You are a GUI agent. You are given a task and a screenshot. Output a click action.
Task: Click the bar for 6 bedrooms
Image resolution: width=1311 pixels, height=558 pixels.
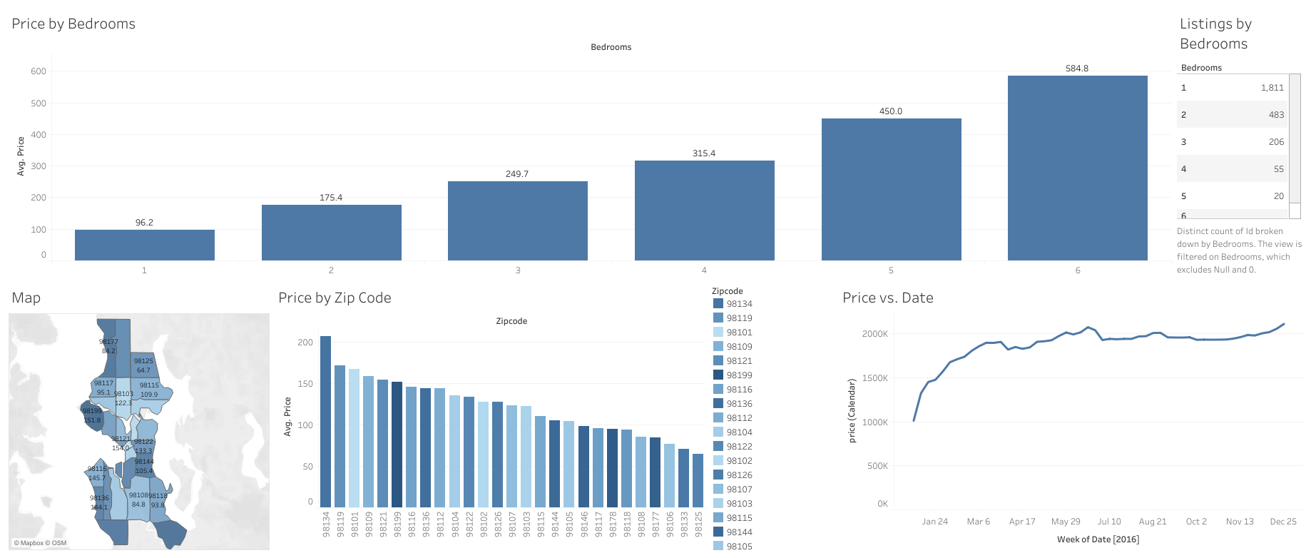(1077, 168)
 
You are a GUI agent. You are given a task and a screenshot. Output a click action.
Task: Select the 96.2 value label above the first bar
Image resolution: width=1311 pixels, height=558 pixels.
(144, 223)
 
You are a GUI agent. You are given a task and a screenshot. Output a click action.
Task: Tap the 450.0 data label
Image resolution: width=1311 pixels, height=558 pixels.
(890, 111)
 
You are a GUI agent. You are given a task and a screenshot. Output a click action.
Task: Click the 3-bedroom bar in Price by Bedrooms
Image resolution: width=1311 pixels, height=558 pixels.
(517, 220)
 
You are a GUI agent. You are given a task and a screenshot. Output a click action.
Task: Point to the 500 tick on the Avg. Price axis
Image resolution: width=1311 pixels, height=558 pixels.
(39, 103)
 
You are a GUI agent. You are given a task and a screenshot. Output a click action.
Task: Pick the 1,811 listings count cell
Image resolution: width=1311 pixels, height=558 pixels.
(1272, 88)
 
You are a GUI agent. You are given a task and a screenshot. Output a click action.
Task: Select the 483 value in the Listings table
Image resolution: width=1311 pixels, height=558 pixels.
(1276, 115)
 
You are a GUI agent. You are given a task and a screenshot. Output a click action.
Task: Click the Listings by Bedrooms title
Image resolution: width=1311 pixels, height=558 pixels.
(1215, 34)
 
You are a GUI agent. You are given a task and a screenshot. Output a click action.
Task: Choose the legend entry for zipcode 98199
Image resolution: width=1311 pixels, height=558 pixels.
(739, 375)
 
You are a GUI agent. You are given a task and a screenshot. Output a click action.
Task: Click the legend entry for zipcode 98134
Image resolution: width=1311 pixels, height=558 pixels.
(739, 304)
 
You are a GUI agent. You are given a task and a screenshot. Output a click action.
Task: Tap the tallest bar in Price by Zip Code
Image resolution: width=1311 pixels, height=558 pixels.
(325, 421)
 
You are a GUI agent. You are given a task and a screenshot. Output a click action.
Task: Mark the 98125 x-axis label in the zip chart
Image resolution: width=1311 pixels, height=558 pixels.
(698, 524)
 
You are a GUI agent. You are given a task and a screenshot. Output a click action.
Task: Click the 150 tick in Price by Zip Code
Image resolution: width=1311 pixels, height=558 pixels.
(305, 384)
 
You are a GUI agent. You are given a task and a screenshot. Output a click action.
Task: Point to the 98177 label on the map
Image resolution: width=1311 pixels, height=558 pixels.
(108, 342)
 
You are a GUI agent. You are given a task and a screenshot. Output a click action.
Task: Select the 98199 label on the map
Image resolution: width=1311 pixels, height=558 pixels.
(92, 411)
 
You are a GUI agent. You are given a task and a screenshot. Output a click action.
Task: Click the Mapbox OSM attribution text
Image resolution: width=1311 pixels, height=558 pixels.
(41, 543)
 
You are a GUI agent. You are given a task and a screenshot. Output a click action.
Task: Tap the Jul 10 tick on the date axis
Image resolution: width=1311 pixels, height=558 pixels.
(1108, 522)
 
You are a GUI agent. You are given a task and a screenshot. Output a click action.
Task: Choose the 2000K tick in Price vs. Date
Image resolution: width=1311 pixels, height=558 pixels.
(874, 334)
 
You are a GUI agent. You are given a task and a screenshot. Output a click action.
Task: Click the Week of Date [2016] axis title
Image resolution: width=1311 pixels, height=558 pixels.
(1098, 539)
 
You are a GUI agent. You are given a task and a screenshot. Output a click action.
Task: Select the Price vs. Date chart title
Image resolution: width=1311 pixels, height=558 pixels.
(887, 298)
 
